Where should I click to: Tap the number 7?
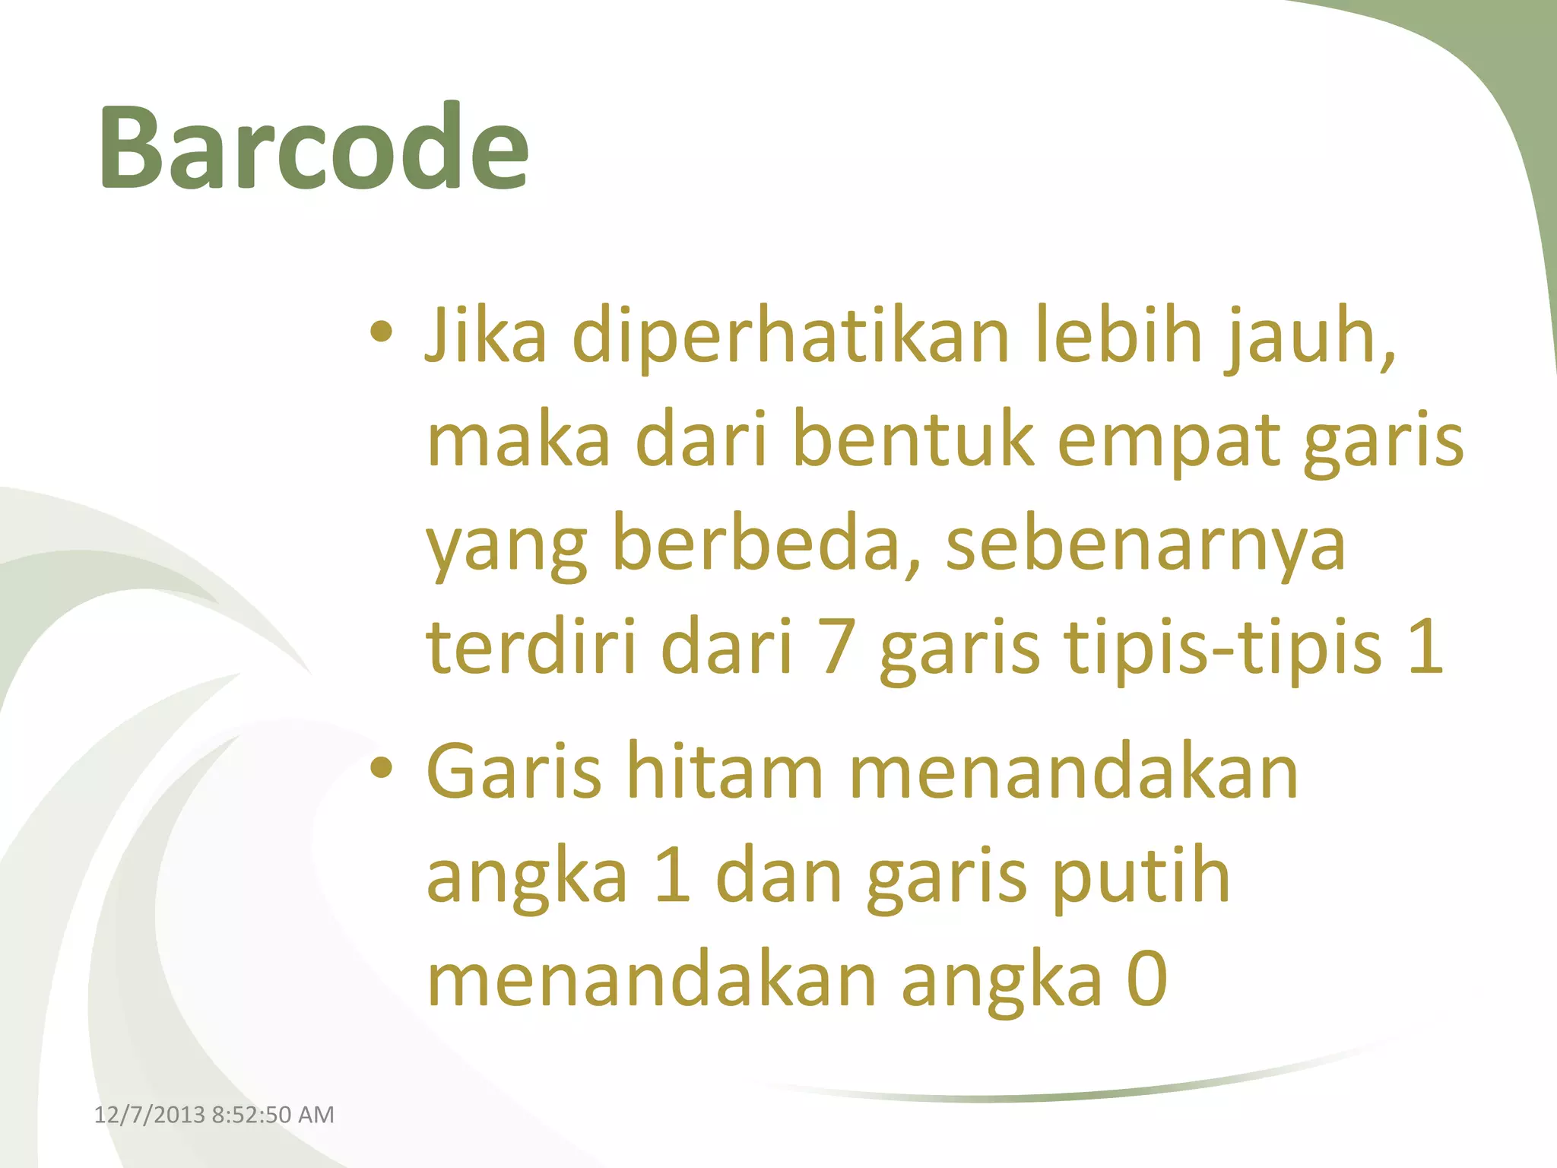click(836, 648)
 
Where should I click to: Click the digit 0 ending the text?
click(1146, 979)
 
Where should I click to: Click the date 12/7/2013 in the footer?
click(149, 1115)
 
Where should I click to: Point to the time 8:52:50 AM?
click(273, 1115)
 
